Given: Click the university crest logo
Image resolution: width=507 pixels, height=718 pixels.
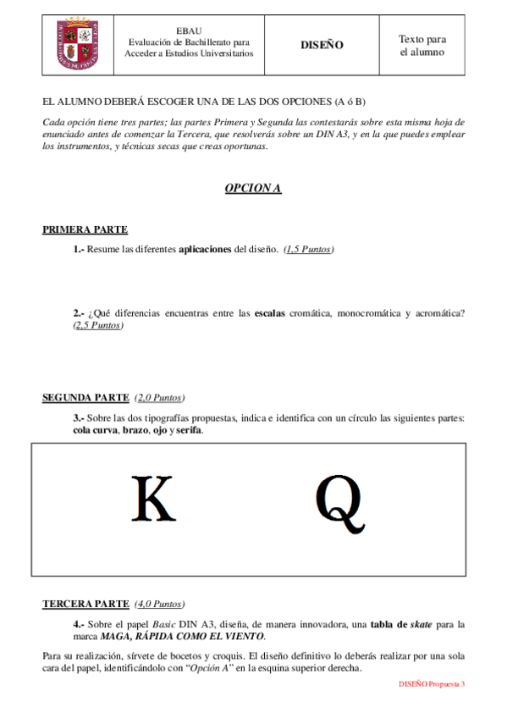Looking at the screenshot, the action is pyautogui.click(x=81, y=45).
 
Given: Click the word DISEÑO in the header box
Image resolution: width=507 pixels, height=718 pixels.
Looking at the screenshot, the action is pyautogui.click(x=322, y=45).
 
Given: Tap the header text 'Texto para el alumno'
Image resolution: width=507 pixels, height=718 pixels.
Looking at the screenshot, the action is pyautogui.click(x=422, y=45).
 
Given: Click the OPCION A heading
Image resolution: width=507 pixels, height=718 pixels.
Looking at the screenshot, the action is pyautogui.click(x=252, y=188).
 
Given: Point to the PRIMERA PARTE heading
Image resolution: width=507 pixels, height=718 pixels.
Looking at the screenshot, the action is pyautogui.click(x=85, y=229).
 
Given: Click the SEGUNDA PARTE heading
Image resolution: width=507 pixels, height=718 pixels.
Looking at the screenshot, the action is pyautogui.click(x=85, y=397).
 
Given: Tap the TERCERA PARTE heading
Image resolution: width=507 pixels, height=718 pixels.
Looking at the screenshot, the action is pyautogui.click(x=85, y=604).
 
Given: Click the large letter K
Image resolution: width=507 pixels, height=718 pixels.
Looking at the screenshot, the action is pyautogui.click(x=154, y=500).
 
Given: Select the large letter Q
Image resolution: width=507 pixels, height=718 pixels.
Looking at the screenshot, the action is pyautogui.click(x=340, y=503).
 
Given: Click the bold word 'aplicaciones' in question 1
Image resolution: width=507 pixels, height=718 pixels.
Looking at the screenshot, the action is pyautogui.click(x=205, y=250).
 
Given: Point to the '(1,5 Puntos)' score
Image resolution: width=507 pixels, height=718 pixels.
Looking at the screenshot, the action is pyautogui.click(x=309, y=250).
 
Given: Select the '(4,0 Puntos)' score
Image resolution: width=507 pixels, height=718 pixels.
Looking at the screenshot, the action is pyautogui.click(x=158, y=604).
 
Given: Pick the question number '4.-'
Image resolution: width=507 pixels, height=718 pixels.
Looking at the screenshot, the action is pyautogui.click(x=80, y=624).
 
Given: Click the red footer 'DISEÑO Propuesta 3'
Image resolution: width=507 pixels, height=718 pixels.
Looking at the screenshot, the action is pyautogui.click(x=432, y=683).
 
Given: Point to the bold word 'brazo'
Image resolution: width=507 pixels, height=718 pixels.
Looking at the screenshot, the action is pyautogui.click(x=135, y=430).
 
